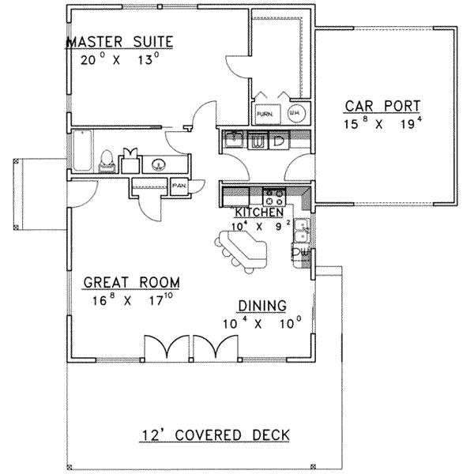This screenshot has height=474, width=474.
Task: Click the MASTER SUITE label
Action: [x=120, y=41]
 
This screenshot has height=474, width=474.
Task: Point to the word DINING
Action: [x=261, y=306]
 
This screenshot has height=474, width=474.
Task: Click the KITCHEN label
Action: [x=258, y=212]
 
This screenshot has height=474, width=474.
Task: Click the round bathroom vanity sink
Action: [x=159, y=164]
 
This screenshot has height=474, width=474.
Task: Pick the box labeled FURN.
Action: [x=265, y=113]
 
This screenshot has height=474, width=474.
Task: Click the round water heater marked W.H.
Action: [x=293, y=113]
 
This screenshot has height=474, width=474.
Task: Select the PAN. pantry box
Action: [x=179, y=187]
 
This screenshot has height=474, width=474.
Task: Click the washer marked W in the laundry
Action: [x=258, y=141]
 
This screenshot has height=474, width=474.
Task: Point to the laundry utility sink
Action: [x=233, y=141]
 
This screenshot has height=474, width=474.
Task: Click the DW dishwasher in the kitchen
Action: [x=301, y=251]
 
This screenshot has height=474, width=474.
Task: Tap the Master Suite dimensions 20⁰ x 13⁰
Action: [x=120, y=59]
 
